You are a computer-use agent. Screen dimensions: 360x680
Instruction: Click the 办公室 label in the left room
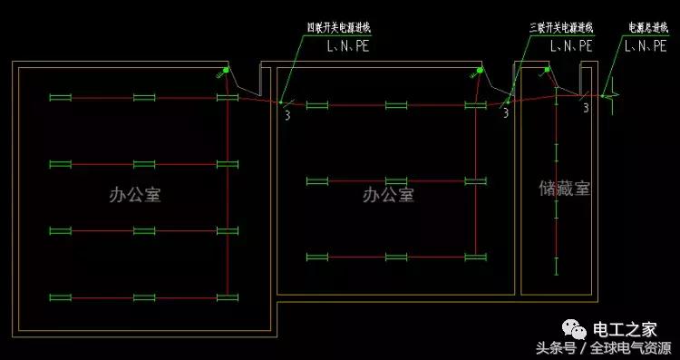tap(134, 195)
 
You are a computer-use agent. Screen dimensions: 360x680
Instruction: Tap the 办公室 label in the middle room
tap(388, 195)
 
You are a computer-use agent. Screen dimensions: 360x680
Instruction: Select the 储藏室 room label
tap(564, 189)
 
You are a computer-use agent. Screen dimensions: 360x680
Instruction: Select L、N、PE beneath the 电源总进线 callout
tap(646, 44)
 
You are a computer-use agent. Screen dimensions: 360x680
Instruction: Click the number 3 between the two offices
tap(287, 114)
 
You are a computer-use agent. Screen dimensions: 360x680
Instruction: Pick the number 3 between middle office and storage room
tap(505, 113)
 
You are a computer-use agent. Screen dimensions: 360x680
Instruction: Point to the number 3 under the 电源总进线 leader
tap(585, 108)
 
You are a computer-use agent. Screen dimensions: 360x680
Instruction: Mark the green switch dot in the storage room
tap(548, 69)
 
